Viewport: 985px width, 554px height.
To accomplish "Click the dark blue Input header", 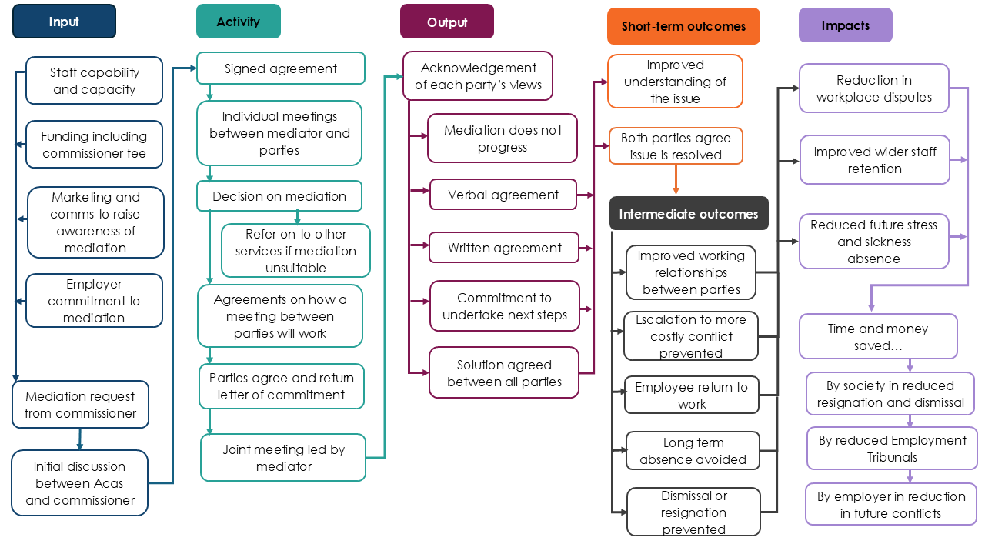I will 64,22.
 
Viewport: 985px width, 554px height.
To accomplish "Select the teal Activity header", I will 238,22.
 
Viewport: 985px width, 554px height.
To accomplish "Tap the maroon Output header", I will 446,22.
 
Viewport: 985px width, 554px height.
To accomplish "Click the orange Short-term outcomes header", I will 683,26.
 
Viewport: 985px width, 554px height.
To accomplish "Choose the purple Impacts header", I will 845,25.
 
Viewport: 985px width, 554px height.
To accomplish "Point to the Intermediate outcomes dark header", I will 688,214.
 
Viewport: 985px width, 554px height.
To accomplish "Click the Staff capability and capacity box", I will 94,81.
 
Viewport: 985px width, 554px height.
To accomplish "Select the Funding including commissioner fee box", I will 94,145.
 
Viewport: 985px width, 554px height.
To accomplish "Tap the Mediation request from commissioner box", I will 80,405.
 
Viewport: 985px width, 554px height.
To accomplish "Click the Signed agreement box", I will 280,68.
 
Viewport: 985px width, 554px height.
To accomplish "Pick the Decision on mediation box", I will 279,196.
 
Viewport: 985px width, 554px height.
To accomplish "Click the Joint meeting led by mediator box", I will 283,458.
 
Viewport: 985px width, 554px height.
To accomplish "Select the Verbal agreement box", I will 503,195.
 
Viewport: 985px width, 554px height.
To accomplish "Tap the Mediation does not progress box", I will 502,138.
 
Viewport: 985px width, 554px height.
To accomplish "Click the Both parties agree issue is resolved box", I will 676,146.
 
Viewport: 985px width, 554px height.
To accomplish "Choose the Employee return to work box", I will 691,395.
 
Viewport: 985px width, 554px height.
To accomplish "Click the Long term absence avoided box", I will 693,451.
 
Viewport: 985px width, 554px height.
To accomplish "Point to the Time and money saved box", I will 878,336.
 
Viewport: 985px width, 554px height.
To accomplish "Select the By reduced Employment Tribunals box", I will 892,449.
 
